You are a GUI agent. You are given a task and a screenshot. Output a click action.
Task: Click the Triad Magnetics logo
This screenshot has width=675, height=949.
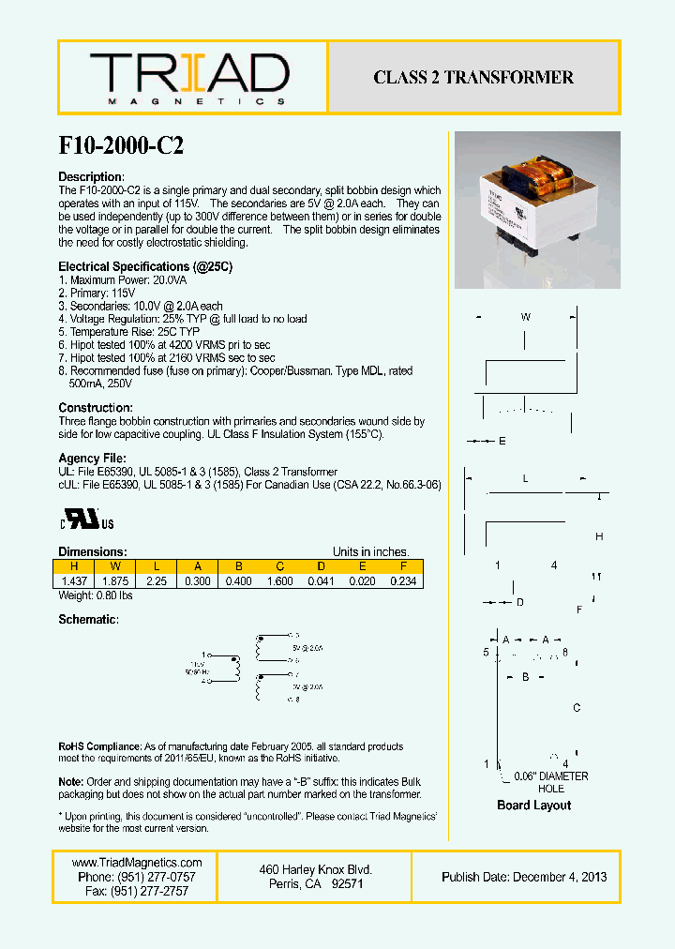(188, 78)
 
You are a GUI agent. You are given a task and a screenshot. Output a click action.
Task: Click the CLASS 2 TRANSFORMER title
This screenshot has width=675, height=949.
(473, 78)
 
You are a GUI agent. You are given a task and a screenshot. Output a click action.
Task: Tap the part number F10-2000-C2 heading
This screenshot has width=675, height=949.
(121, 146)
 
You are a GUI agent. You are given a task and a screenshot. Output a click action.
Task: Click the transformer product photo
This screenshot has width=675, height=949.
(536, 210)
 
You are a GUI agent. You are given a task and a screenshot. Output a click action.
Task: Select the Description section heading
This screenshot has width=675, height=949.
(91, 177)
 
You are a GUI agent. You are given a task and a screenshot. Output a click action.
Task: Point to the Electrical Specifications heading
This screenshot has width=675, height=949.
(145, 267)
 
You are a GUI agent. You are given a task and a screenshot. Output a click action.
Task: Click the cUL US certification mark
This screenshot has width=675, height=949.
(88, 520)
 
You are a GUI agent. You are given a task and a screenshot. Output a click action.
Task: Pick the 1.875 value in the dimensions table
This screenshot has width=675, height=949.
(115, 581)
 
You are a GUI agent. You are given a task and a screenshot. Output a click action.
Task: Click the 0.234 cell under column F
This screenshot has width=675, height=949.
(402, 581)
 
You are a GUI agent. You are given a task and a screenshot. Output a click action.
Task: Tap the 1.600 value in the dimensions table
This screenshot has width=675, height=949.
(279, 581)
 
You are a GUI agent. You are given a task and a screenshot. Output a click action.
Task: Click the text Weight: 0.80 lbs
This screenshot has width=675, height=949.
(96, 595)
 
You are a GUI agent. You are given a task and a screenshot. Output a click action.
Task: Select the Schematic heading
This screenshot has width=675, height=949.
(88, 620)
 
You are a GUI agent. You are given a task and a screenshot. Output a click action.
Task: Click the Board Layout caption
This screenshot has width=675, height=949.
(533, 805)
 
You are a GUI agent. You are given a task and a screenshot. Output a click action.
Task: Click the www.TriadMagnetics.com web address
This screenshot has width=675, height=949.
(137, 863)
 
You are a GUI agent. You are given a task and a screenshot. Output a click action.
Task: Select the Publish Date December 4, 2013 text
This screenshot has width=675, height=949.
(524, 877)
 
